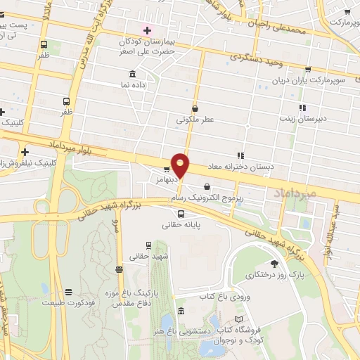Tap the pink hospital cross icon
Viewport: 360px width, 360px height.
147,30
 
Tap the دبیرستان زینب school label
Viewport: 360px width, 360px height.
321,120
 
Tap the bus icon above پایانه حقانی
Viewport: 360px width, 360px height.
181,214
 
